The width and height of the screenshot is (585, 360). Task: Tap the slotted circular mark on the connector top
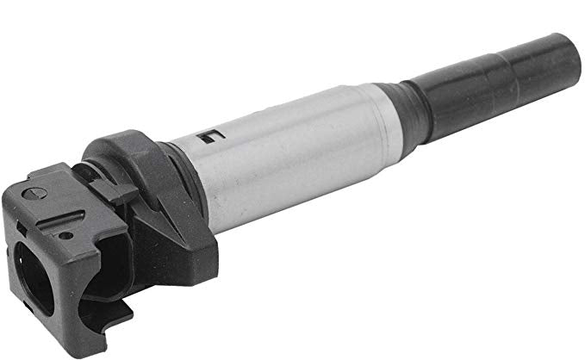tap(34, 192)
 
